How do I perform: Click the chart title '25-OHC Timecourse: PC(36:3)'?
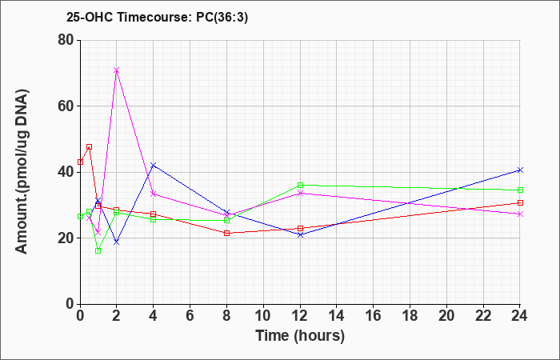[157, 17]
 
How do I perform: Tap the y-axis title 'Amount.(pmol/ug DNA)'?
[22, 172]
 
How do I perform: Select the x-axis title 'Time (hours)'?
[300, 336]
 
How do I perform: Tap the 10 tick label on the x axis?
[263, 316]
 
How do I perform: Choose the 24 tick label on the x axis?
[520, 316]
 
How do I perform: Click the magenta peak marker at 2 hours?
[117, 70]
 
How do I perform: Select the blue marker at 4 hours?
[154, 165]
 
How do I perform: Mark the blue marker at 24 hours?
[520, 170]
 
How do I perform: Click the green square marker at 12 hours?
[300, 185]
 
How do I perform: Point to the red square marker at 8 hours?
[226, 234]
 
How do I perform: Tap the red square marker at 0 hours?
[80, 162]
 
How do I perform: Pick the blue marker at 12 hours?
[300, 234]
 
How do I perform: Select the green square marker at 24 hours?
[520, 190]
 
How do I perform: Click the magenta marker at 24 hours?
[520, 214]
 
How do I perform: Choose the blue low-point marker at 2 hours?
[117, 242]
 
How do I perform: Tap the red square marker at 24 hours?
[520, 203]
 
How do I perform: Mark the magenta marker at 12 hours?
[300, 194]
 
